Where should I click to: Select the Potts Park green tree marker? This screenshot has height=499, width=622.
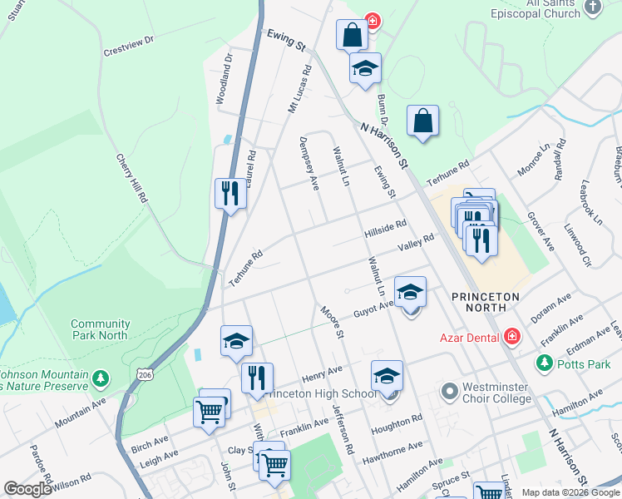pos(545,363)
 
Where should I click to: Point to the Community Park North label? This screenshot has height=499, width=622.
pos(100,329)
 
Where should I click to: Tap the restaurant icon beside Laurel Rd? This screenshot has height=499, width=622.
pos(230,194)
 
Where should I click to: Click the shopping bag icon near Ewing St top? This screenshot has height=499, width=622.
pos(352,36)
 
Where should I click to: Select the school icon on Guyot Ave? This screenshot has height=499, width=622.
pos(410,292)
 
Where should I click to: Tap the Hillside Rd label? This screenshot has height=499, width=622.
pos(385,230)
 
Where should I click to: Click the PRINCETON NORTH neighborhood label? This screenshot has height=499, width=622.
pos(486,302)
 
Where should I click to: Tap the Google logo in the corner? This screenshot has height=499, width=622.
pos(27,489)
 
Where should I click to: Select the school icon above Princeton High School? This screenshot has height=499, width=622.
pos(387,376)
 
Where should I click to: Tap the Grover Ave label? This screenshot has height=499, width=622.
pos(541,233)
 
